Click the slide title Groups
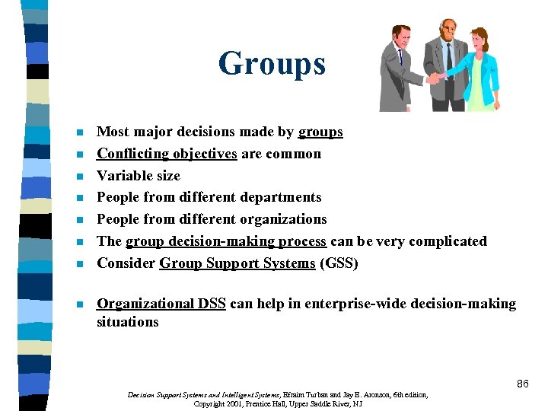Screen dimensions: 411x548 [x=272, y=63]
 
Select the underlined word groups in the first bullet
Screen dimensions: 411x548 [x=320, y=132]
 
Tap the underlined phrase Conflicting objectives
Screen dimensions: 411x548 [x=167, y=154]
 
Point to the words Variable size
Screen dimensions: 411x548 [x=139, y=176]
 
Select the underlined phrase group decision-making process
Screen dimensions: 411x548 [x=226, y=241]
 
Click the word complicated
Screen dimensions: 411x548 [x=448, y=241]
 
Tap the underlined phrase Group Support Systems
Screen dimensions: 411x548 [x=237, y=263]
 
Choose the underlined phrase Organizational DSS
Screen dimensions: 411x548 [x=161, y=304]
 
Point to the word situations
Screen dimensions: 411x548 [x=127, y=322]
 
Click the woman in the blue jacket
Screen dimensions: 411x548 [x=479, y=68]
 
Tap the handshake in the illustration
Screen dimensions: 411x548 [x=435, y=78]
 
